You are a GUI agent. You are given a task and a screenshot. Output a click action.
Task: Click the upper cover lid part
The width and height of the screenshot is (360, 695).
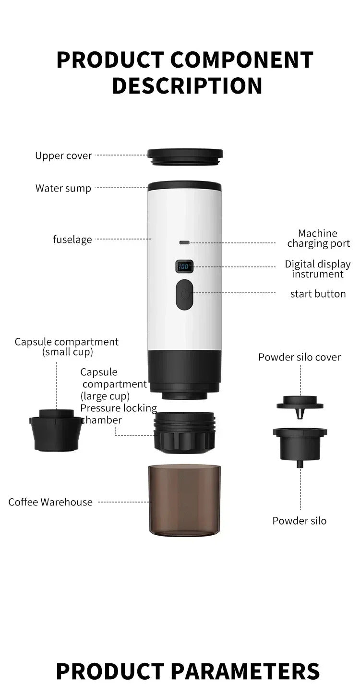185,156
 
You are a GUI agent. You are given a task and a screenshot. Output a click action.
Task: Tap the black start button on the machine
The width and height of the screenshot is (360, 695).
184,295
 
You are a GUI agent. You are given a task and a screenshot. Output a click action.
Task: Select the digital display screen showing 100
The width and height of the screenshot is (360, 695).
184,266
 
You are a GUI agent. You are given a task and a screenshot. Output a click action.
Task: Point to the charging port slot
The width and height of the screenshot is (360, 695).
184,242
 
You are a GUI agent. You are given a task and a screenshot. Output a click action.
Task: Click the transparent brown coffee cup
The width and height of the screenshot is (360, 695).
185,500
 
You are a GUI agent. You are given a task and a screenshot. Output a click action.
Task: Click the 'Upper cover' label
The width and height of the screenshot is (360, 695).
63,156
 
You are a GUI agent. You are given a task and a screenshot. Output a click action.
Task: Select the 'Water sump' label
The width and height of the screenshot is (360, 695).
63,188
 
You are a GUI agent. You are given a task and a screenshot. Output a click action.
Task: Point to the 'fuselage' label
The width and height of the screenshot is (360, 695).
72,239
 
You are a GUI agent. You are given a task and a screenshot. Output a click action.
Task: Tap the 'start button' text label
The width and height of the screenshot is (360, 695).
318,294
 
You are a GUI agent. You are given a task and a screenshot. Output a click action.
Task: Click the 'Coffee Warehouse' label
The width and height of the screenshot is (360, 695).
50,502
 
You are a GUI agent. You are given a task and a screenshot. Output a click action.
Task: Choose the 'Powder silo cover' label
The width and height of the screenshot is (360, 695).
300,357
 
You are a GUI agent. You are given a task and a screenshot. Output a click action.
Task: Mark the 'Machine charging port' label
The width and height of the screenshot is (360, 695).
318,239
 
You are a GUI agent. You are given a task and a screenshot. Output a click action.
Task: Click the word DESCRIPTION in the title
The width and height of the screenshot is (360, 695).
187,85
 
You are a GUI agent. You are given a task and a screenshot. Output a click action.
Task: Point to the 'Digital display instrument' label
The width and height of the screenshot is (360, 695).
318,269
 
